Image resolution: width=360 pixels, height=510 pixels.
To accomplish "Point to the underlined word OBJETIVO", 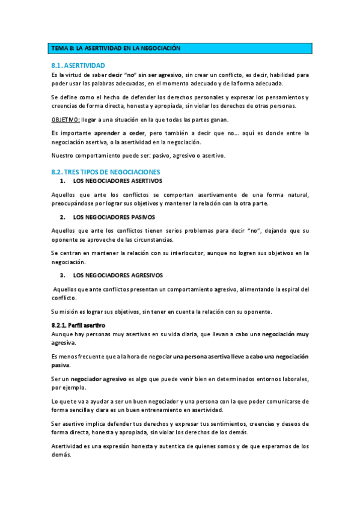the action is [x=65, y=119].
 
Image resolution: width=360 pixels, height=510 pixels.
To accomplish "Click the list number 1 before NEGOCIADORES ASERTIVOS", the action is [x=63, y=181].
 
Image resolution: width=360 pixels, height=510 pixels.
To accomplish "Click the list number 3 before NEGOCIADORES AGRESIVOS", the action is [x=63, y=275].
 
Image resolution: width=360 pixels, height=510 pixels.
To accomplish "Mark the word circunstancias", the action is [x=135, y=239].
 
